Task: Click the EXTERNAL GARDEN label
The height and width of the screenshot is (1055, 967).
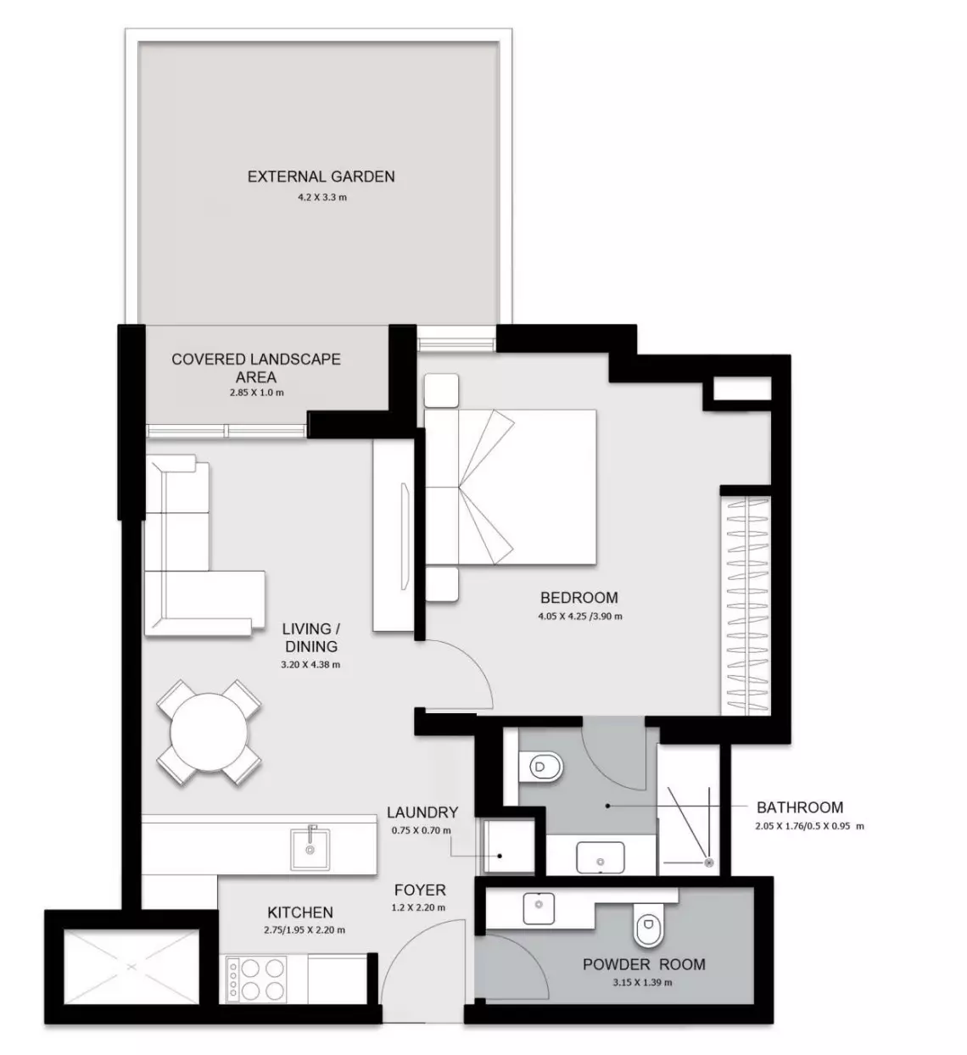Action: [x=321, y=176]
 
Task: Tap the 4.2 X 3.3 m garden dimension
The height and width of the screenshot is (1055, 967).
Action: [x=322, y=198]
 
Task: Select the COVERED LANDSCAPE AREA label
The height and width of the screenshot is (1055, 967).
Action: [x=256, y=367]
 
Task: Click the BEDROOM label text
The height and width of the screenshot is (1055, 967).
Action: [x=579, y=597]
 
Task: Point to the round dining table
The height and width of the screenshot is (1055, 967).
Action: [x=209, y=732]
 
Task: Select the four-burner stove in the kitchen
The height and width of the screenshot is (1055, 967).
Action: [x=256, y=978]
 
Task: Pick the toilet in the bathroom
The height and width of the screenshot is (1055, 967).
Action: [x=541, y=767]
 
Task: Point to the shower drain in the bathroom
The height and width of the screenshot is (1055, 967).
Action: [x=708, y=862]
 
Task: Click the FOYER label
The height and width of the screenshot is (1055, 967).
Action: [x=420, y=890]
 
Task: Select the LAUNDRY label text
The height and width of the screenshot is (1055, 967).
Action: [x=422, y=812]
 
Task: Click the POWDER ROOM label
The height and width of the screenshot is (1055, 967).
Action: [x=644, y=964]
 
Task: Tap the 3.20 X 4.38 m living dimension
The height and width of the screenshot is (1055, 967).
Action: [x=310, y=665]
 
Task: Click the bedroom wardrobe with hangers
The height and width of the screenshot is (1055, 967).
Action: [x=747, y=606]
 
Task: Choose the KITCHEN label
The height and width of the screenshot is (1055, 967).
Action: [x=300, y=913]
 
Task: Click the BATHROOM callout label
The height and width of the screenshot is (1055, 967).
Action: [x=800, y=807]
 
